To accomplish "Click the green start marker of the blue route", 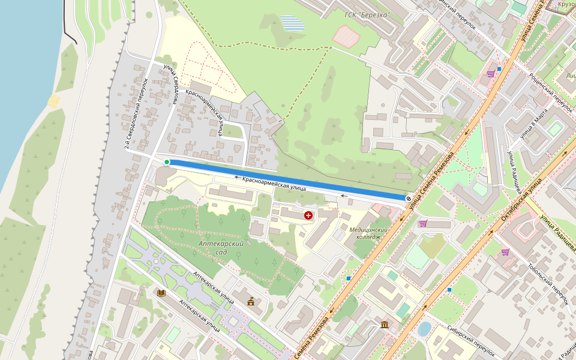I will pyautogui.click(x=167, y=162).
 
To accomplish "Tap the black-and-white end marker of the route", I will pyautogui.click(x=408, y=197).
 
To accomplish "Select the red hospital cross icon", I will pyautogui.click(x=308, y=215).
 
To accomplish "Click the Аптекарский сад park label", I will pyautogui.click(x=221, y=248).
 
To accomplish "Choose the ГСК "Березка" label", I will pyautogui.click(x=367, y=14).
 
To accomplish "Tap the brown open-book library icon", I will pyautogui.click(x=161, y=293).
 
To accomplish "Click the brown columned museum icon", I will pyautogui.click(x=384, y=325).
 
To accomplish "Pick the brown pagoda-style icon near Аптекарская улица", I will pyautogui.click(x=250, y=301).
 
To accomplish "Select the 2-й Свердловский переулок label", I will pyautogui.click(x=136, y=113).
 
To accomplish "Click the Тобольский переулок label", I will pyautogui.click(x=547, y=284).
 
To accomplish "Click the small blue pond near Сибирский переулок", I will pyautogui.click(x=424, y=329).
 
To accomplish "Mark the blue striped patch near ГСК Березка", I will pyautogui.click(x=292, y=23).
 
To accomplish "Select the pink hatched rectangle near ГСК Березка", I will pyautogui.click(x=346, y=37).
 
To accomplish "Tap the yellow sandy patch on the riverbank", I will pyautogui.click(x=54, y=100).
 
